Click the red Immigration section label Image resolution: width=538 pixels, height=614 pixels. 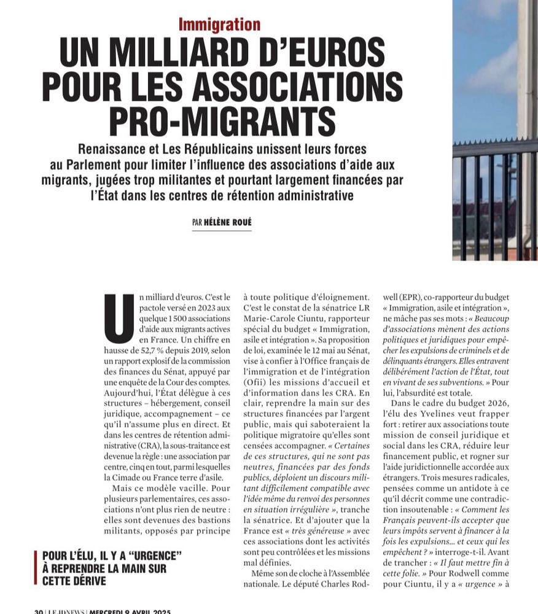[219, 25]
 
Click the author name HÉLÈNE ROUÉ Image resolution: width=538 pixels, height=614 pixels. [228, 223]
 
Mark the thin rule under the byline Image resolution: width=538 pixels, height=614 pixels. [222, 231]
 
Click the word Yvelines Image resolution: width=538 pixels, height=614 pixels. [460, 414]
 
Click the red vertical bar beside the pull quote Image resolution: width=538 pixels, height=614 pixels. [36, 568]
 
